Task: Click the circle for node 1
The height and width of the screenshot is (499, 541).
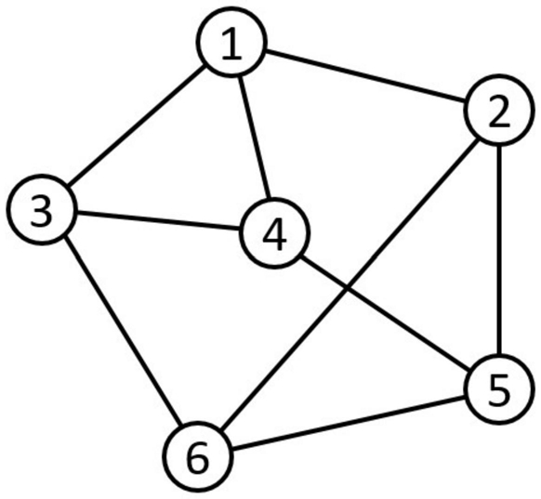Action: click(x=231, y=42)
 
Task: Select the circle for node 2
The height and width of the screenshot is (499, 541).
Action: click(x=499, y=110)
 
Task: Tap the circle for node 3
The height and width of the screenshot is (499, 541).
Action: click(x=42, y=210)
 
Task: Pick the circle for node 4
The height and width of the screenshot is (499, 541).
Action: click(x=274, y=233)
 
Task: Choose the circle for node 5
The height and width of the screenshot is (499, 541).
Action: click(x=499, y=389)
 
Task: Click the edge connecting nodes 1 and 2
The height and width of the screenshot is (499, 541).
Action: click(x=365, y=76)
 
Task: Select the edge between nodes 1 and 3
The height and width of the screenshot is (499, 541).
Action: click(x=137, y=125)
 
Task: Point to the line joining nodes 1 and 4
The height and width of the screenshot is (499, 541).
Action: click(x=254, y=138)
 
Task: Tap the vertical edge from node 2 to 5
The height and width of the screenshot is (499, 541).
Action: click(x=499, y=249)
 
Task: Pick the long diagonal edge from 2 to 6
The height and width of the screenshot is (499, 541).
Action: click(x=349, y=283)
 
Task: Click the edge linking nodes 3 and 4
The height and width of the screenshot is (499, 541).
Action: click(x=158, y=221)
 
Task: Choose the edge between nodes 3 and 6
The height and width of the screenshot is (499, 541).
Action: click(x=123, y=333)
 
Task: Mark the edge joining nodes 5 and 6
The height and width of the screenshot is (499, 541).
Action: click(x=349, y=423)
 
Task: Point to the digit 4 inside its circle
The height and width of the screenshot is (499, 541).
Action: click(x=274, y=234)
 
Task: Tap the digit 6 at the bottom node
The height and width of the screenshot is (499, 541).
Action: click(x=198, y=457)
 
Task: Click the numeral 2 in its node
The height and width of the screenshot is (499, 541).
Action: click(x=499, y=111)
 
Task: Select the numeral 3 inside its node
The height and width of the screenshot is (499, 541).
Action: click(x=42, y=210)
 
